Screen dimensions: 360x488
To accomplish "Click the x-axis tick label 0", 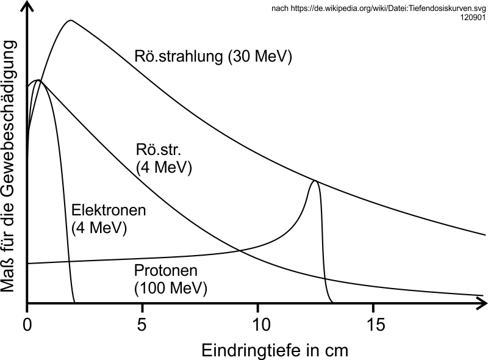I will pos(27,323).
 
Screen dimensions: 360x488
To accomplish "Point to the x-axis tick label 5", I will pos(142,323).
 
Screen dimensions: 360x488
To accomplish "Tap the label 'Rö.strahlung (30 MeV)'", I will pos(213,57).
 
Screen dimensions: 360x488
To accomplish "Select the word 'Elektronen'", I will pos(109,211).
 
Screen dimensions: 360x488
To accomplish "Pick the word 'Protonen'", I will pos(166,270).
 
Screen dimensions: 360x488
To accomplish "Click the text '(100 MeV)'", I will pos(170,287).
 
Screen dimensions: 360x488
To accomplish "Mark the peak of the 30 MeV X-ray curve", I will pos(71,20).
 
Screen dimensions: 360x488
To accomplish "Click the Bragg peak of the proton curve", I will pos(315,181).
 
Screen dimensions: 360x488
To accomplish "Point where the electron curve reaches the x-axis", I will pos(74,303).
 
